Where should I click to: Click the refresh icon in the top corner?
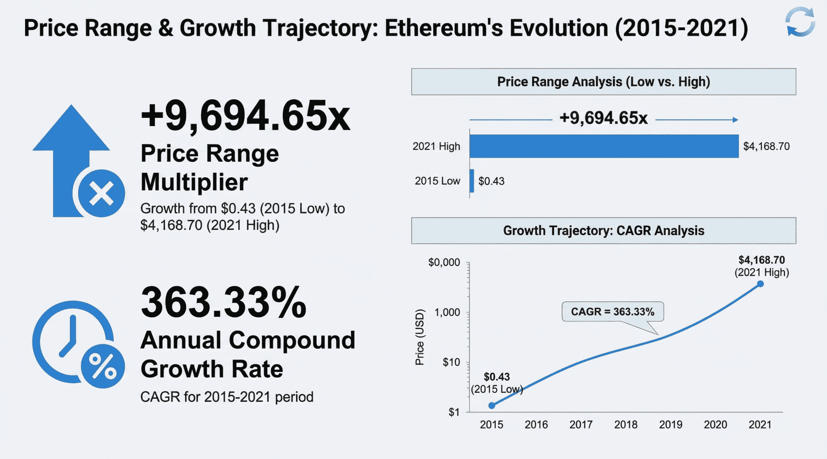coord(800,22)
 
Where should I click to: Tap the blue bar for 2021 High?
coord(604,146)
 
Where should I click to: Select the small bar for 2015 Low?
coord(472,181)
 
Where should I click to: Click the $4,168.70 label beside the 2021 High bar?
coord(766,146)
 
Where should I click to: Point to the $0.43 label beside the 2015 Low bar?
coord(491,181)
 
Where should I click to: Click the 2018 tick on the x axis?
coord(626,425)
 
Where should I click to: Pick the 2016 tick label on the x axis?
coord(536,425)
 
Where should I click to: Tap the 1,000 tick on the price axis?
coord(447,312)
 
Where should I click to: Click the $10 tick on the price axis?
coord(451,363)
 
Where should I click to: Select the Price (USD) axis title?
coord(419,337)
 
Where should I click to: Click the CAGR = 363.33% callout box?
coord(612,312)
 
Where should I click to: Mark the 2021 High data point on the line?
coord(760,284)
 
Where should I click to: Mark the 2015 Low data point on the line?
coord(492,406)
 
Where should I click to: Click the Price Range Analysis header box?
coord(603,82)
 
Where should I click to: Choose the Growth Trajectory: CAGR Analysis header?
coord(603,231)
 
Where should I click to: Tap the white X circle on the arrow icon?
coord(101,193)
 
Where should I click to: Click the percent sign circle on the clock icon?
coord(103,366)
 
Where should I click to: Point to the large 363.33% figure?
coord(223,302)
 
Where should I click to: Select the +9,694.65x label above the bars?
coord(603,118)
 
